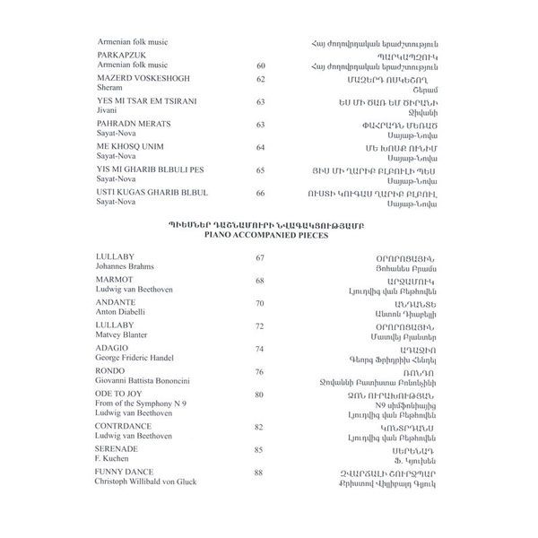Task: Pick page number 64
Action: click(260, 147)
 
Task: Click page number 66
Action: click(260, 193)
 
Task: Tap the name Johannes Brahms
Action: click(126, 268)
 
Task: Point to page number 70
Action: click(260, 303)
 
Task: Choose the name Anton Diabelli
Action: click(123, 313)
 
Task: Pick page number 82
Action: click(260, 427)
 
